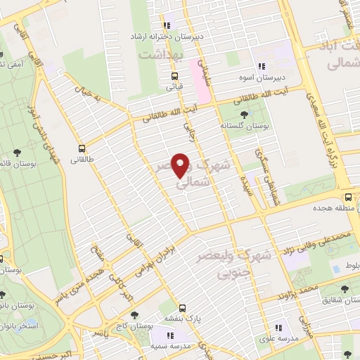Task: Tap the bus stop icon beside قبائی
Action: [x=174, y=76]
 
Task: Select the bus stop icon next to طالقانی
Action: [x=82, y=148]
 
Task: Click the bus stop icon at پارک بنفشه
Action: [x=182, y=307]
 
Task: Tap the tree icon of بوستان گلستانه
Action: [x=243, y=113]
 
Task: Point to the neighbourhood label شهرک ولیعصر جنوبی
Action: [x=234, y=260]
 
